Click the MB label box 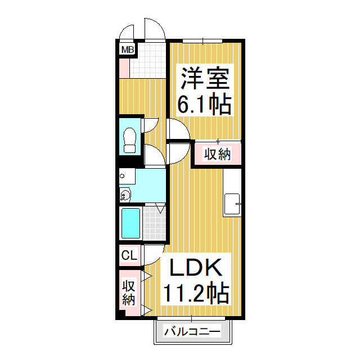pos(128,50)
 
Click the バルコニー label pos(192,332)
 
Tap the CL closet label pos(129,256)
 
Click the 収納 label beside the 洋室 pos(217,154)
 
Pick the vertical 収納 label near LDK pos(129,292)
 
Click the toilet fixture pos(130,139)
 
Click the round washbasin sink pos(125,196)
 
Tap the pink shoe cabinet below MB pos(124,68)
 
